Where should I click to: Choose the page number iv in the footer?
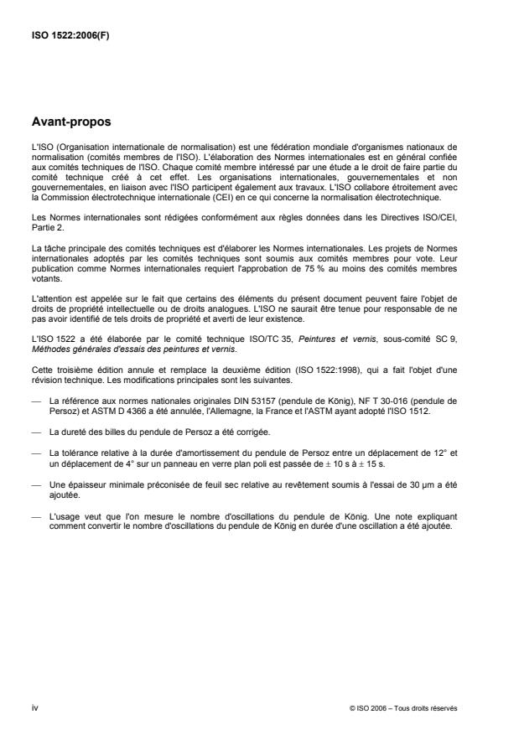[x=34, y=707]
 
